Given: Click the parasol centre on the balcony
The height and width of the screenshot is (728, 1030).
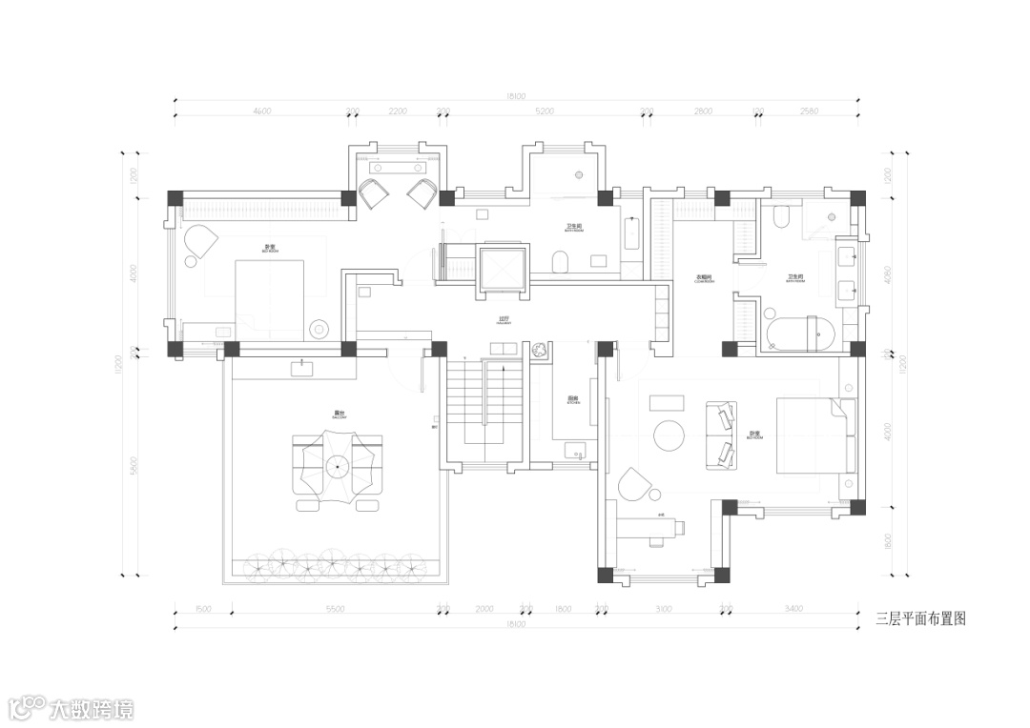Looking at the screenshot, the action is tap(336, 466).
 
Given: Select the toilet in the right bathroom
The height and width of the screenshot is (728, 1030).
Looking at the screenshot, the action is tap(779, 219).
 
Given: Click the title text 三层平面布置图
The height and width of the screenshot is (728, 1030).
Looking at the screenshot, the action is tap(920, 618).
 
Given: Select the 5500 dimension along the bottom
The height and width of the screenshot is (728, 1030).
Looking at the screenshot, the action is tap(334, 608).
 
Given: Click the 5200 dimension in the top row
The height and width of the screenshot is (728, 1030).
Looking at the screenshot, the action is tap(545, 111).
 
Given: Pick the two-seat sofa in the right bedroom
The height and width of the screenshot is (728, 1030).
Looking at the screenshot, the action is tap(721, 435).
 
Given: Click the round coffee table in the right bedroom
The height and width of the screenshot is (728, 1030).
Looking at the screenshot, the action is tap(669, 435).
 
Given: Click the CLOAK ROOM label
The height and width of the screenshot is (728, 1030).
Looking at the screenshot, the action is tap(706, 279).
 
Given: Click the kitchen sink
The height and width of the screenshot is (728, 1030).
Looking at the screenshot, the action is tap(575, 451).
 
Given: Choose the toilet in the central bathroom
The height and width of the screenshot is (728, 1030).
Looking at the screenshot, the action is tap(562, 260).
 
